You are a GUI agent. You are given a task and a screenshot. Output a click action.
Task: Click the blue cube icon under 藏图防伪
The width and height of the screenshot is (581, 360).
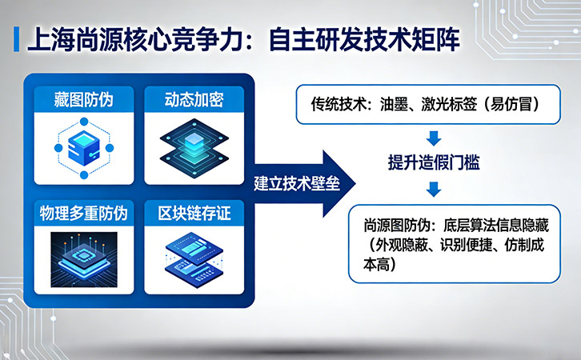pos(84,145)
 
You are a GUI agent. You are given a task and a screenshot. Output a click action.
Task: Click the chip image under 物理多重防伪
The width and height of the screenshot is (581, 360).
pos(84,258)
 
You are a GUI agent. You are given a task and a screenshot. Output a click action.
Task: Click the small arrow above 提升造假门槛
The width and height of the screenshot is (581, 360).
pos(433,137)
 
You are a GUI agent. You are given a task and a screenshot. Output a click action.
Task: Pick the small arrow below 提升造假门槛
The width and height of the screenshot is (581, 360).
pos(433,189)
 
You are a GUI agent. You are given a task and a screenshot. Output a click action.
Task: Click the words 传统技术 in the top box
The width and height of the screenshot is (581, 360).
pos(339,105)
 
